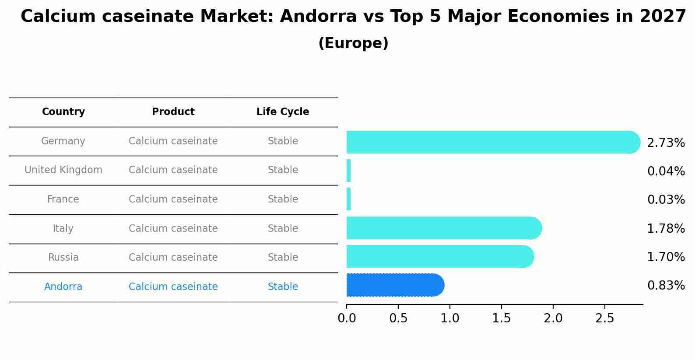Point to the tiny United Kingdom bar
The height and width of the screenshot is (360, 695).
(x=349, y=171)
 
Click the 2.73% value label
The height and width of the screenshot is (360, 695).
(x=666, y=143)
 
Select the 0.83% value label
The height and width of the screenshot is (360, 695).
(x=666, y=286)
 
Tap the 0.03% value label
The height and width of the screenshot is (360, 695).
(x=666, y=200)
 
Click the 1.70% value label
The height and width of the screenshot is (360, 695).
(x=666, y=257)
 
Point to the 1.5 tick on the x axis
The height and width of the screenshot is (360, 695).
(x=502, y=318)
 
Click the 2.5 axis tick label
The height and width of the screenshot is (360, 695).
(x=605, y=318)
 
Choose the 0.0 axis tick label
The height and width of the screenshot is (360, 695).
(x=347, y=318)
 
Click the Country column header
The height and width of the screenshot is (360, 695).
(x=63, y=112)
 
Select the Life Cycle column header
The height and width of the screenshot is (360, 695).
(x=283, y=112)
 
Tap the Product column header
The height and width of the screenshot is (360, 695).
(x=173, y=112)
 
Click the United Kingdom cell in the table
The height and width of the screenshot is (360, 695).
(x=63, y=170)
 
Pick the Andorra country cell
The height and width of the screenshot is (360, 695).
(x=63, y=287)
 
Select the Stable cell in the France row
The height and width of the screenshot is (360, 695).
(x=283, y=199)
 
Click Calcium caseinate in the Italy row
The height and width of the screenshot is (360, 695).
(x=173, y=229)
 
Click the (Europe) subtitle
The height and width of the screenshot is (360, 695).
(x=353, y=43)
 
